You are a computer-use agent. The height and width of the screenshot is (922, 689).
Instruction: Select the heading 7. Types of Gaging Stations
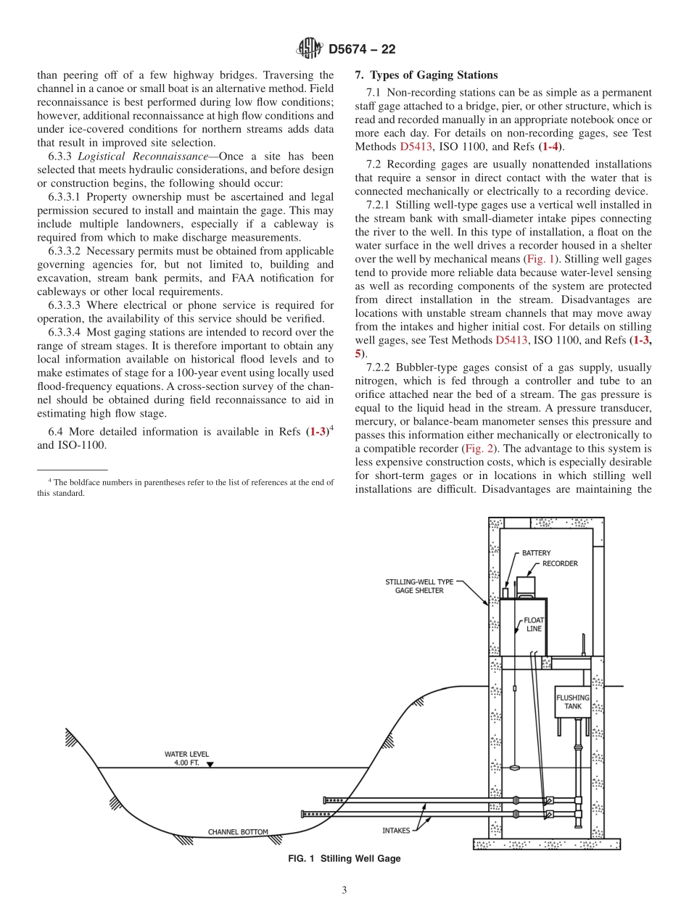pos(426,75)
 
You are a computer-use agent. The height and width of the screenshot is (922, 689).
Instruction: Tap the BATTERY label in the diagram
pos(537,553)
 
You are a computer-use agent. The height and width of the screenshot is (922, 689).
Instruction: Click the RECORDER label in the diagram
pos(560,564)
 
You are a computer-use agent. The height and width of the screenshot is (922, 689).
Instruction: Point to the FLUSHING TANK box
pos(572,702)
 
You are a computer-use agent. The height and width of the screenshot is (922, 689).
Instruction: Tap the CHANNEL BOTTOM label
pos(238,832)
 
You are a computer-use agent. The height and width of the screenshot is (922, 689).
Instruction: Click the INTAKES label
pos(397,831)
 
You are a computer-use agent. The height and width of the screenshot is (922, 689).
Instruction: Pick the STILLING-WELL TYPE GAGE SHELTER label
pos(419,586)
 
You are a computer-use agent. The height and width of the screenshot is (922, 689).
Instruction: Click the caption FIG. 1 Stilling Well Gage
pos(344,858)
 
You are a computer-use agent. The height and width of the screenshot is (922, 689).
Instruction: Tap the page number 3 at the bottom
pos(344,891)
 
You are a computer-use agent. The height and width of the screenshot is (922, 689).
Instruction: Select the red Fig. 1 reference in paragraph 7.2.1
pos(539,259)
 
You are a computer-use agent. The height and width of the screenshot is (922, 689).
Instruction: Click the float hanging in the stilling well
pos(514,768)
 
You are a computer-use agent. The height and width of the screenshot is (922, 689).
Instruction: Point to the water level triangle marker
pos(210,764)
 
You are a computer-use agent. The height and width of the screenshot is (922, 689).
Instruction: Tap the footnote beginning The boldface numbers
pos(186,487)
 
